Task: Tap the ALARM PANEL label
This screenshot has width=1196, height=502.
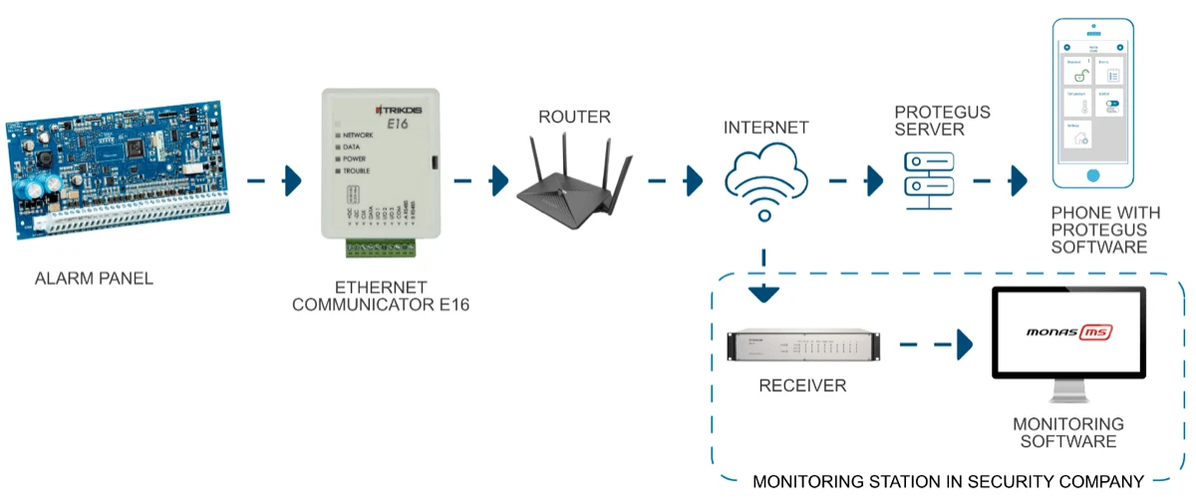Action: pos(94,279)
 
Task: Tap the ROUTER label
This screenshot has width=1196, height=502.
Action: pos(574,118)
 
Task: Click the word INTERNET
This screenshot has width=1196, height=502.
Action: pos(765,127)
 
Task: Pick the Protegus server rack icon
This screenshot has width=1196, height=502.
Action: pos(927,180)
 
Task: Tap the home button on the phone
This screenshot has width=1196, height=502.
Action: pos(1093,174)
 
